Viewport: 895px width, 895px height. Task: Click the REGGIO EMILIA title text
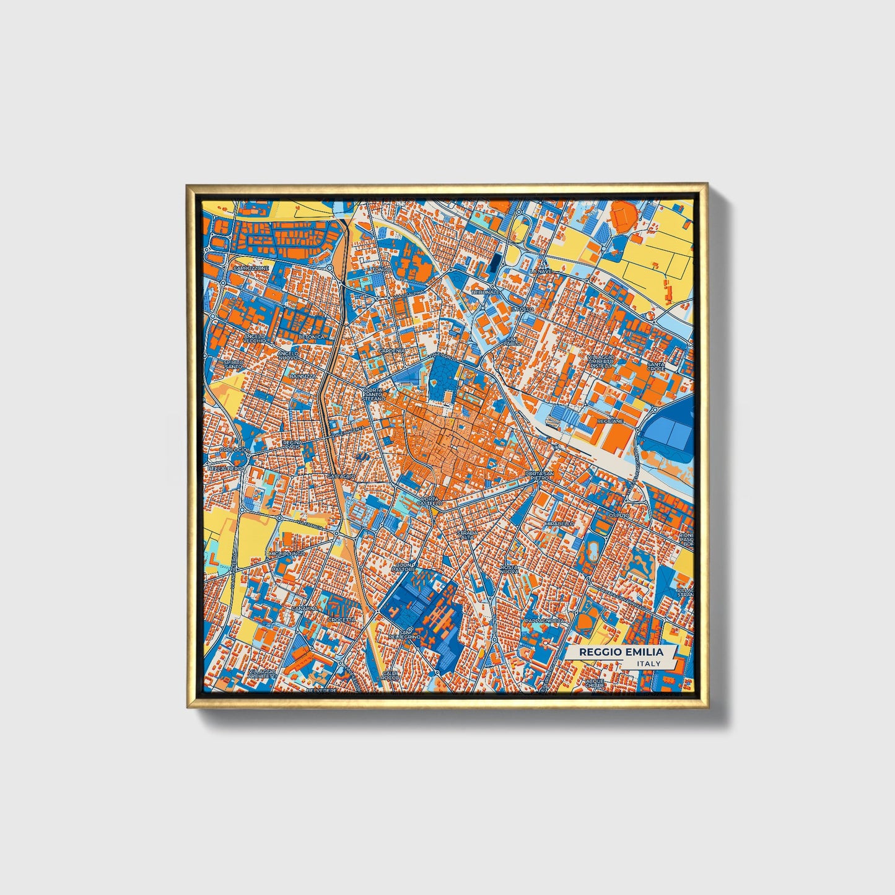point(621,652)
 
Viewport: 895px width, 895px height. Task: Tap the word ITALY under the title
point(648,664)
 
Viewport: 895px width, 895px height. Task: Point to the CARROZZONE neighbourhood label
point(251,268)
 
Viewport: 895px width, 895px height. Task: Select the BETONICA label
point(311,337)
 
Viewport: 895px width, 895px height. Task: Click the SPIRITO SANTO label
point(234,364)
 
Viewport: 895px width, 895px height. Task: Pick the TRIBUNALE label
point(485,292)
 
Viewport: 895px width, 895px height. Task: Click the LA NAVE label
point(540,271)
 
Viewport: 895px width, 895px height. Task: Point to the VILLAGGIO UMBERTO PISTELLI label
point(601,362)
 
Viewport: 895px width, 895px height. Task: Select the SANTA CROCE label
point(655,367)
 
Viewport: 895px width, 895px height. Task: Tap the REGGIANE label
point(610,421)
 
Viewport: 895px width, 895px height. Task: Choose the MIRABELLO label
point(559,523)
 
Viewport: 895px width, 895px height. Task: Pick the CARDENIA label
point(391,351)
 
